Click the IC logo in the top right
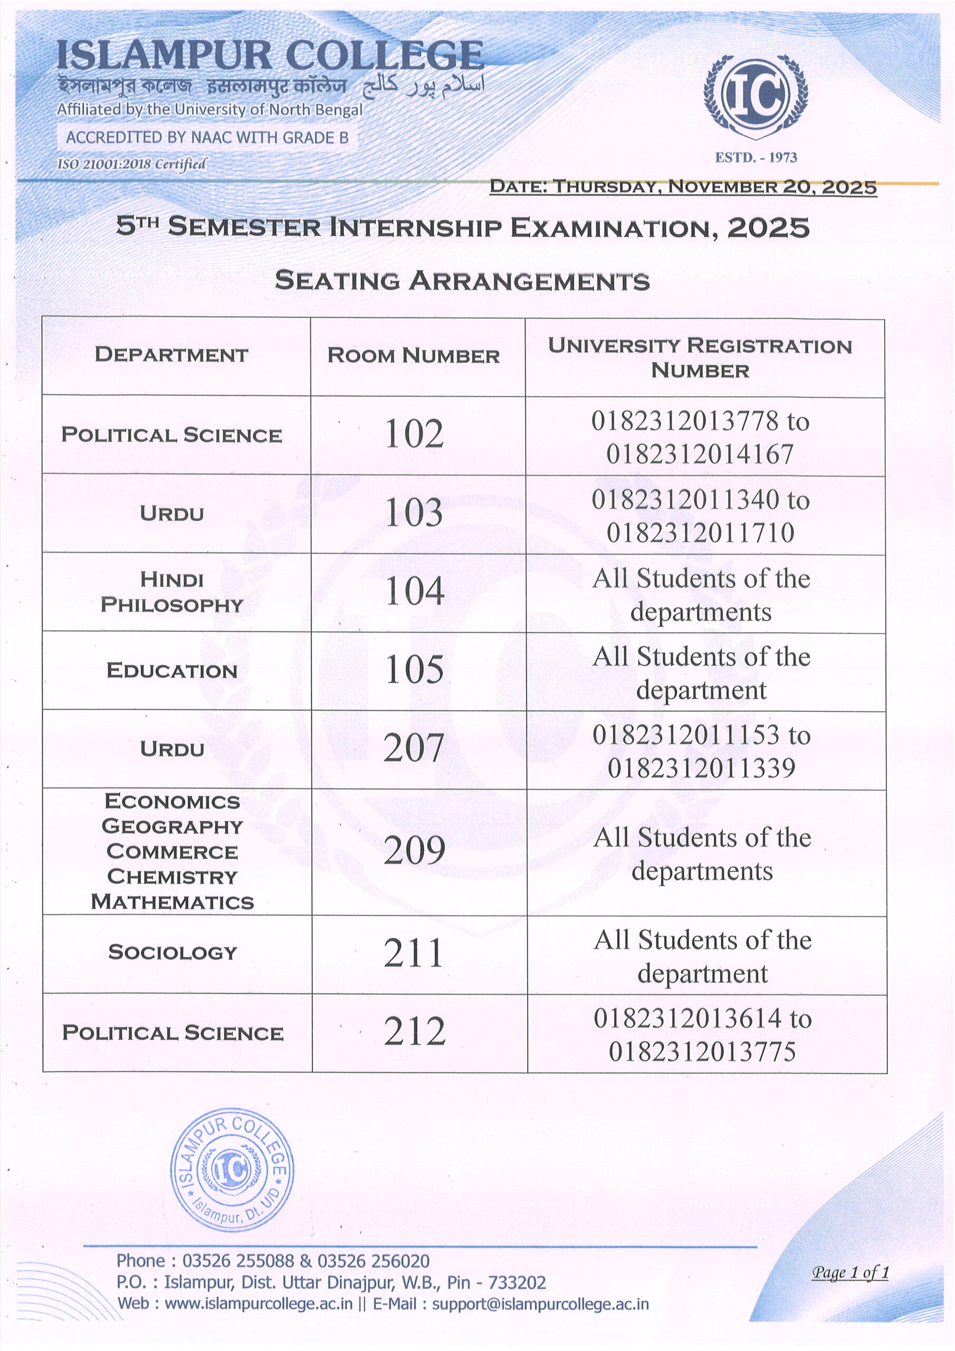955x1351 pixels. [756, 97]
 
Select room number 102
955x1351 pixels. [414, 434]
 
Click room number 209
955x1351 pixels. [414, 851]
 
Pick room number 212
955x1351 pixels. [414, 1032]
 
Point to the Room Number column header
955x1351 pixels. [413, 355]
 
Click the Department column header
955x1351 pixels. [171, 355]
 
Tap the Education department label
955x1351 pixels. [172, 671]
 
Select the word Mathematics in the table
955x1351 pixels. [172, 902]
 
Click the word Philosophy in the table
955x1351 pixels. [172, 605]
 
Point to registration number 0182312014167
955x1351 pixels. [700, 454]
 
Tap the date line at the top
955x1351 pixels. [683, 187]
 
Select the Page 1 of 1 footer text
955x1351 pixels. [849, 1272]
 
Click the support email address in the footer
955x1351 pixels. [540, 1304]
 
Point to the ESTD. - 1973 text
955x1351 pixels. [756, 158]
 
